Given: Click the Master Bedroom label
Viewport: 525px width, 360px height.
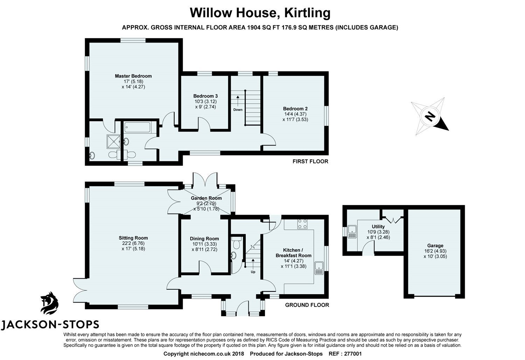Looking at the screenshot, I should [133, 76].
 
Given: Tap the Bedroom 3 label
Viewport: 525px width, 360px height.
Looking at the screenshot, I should [205, 96].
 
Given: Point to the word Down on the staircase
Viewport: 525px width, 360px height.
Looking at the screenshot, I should [238, 110].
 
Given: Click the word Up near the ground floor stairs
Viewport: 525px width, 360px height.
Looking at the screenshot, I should [253, 271].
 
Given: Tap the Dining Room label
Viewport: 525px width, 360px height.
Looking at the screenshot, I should [205, 239].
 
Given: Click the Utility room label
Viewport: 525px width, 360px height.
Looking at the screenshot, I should [378, 227].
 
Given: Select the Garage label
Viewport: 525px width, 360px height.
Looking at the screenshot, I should [435, 246].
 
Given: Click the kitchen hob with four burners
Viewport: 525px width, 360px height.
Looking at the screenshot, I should [302, 224].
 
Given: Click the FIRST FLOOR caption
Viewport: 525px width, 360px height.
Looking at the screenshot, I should [310, 161].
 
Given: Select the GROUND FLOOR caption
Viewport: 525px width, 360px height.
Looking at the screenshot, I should [307, 305].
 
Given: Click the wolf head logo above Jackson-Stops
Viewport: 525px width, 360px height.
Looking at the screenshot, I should [49, 303].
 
